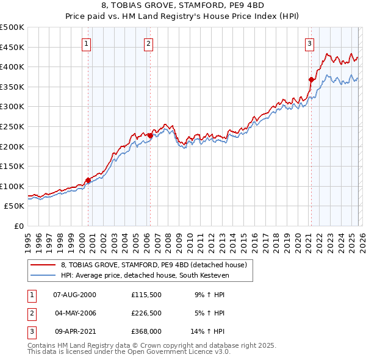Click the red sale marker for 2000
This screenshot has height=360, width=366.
88,180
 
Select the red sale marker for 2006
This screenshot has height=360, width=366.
150,135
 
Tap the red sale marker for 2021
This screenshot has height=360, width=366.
311,79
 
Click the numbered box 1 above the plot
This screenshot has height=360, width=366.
87,43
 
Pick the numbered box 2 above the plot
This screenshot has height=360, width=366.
149,43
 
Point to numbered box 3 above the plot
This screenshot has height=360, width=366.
310,43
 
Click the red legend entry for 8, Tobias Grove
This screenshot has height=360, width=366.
153,265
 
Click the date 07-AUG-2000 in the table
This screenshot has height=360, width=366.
75,295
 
